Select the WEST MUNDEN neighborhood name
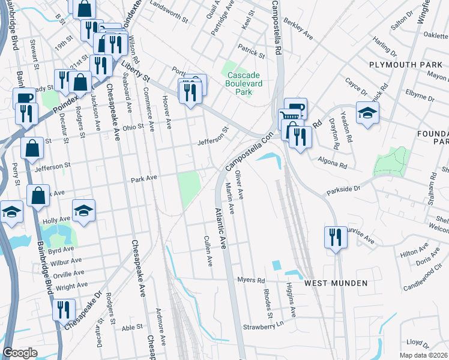335,283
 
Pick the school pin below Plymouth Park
367,113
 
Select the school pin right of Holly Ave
83,210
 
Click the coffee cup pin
24,98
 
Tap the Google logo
20,353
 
